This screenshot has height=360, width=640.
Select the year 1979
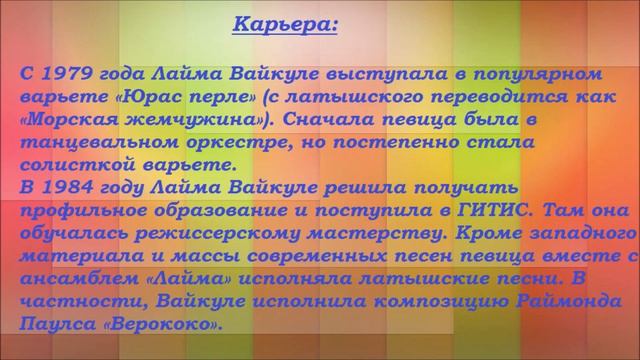coord(67,74)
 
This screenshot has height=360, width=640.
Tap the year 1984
coord(69,187)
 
